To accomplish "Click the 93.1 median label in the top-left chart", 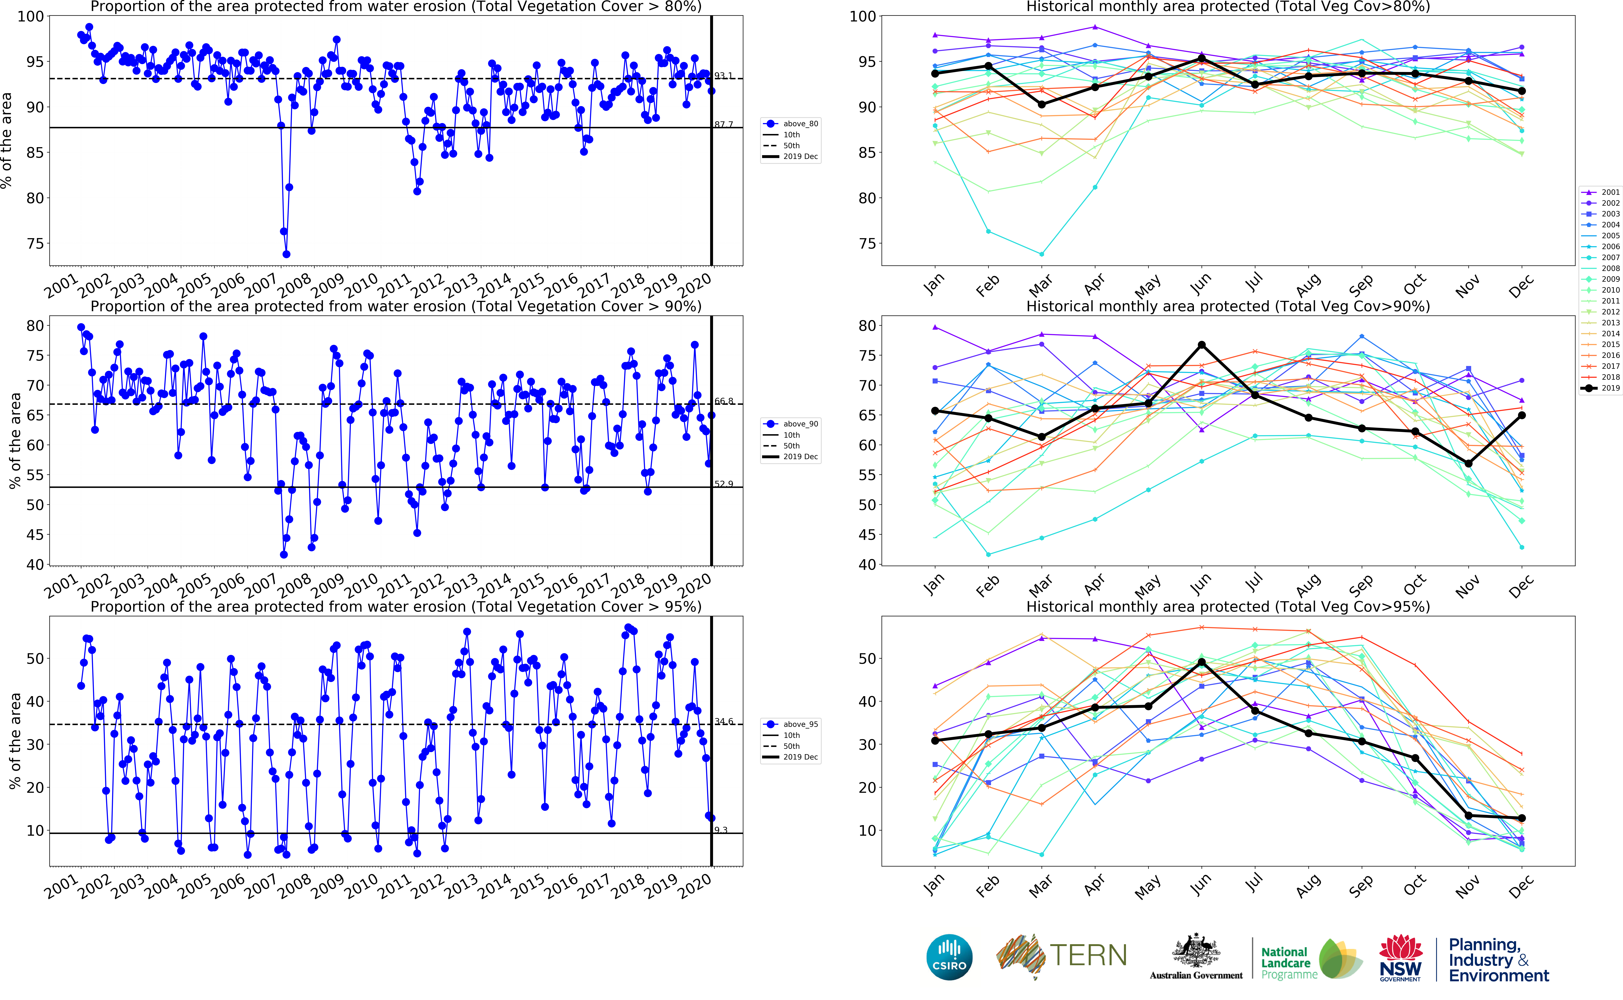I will click(x=724, y=76).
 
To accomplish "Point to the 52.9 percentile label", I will click(x=724, y=484).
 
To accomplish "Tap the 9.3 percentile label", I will click(x=721, y=830).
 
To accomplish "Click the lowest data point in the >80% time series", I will click(x=286, y=254).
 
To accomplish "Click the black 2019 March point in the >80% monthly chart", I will click(x=1042, y=105).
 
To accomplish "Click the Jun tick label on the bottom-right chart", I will click(x=1201, y=883).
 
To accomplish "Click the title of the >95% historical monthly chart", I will click(x=1228, y=606).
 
